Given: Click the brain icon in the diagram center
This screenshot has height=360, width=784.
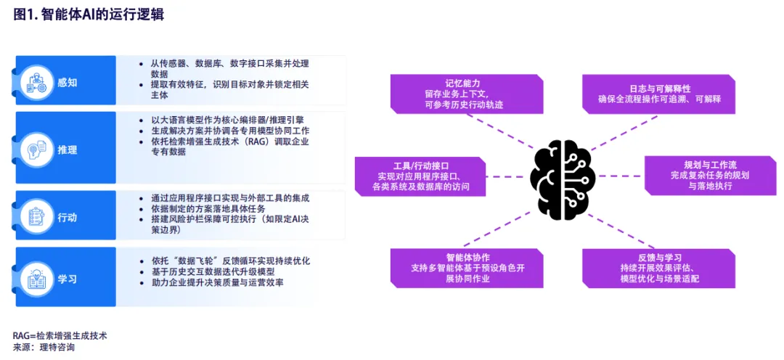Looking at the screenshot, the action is click(x=563, y=176).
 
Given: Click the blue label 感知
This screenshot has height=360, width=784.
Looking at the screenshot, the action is click(x=68, y=82).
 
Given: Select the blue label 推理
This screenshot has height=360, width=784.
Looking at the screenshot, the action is click(x=68, y=150).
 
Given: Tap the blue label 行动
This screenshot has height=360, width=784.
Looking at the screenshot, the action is click(x=68, y=217).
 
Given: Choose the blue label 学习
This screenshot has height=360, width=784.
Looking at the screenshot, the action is click(x=68, y=278).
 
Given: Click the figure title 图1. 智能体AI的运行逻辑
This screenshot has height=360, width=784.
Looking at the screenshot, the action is click(x=88, y=15).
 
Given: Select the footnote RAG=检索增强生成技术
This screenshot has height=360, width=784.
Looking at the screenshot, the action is click(x=60, y=335).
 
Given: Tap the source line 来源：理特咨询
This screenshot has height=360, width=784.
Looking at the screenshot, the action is click(x=44, y=347).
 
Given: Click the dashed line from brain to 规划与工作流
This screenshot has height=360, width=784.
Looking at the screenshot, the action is click(x=620, y=176).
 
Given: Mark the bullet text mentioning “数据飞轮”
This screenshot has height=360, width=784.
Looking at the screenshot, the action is click(x=225, y=260).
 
